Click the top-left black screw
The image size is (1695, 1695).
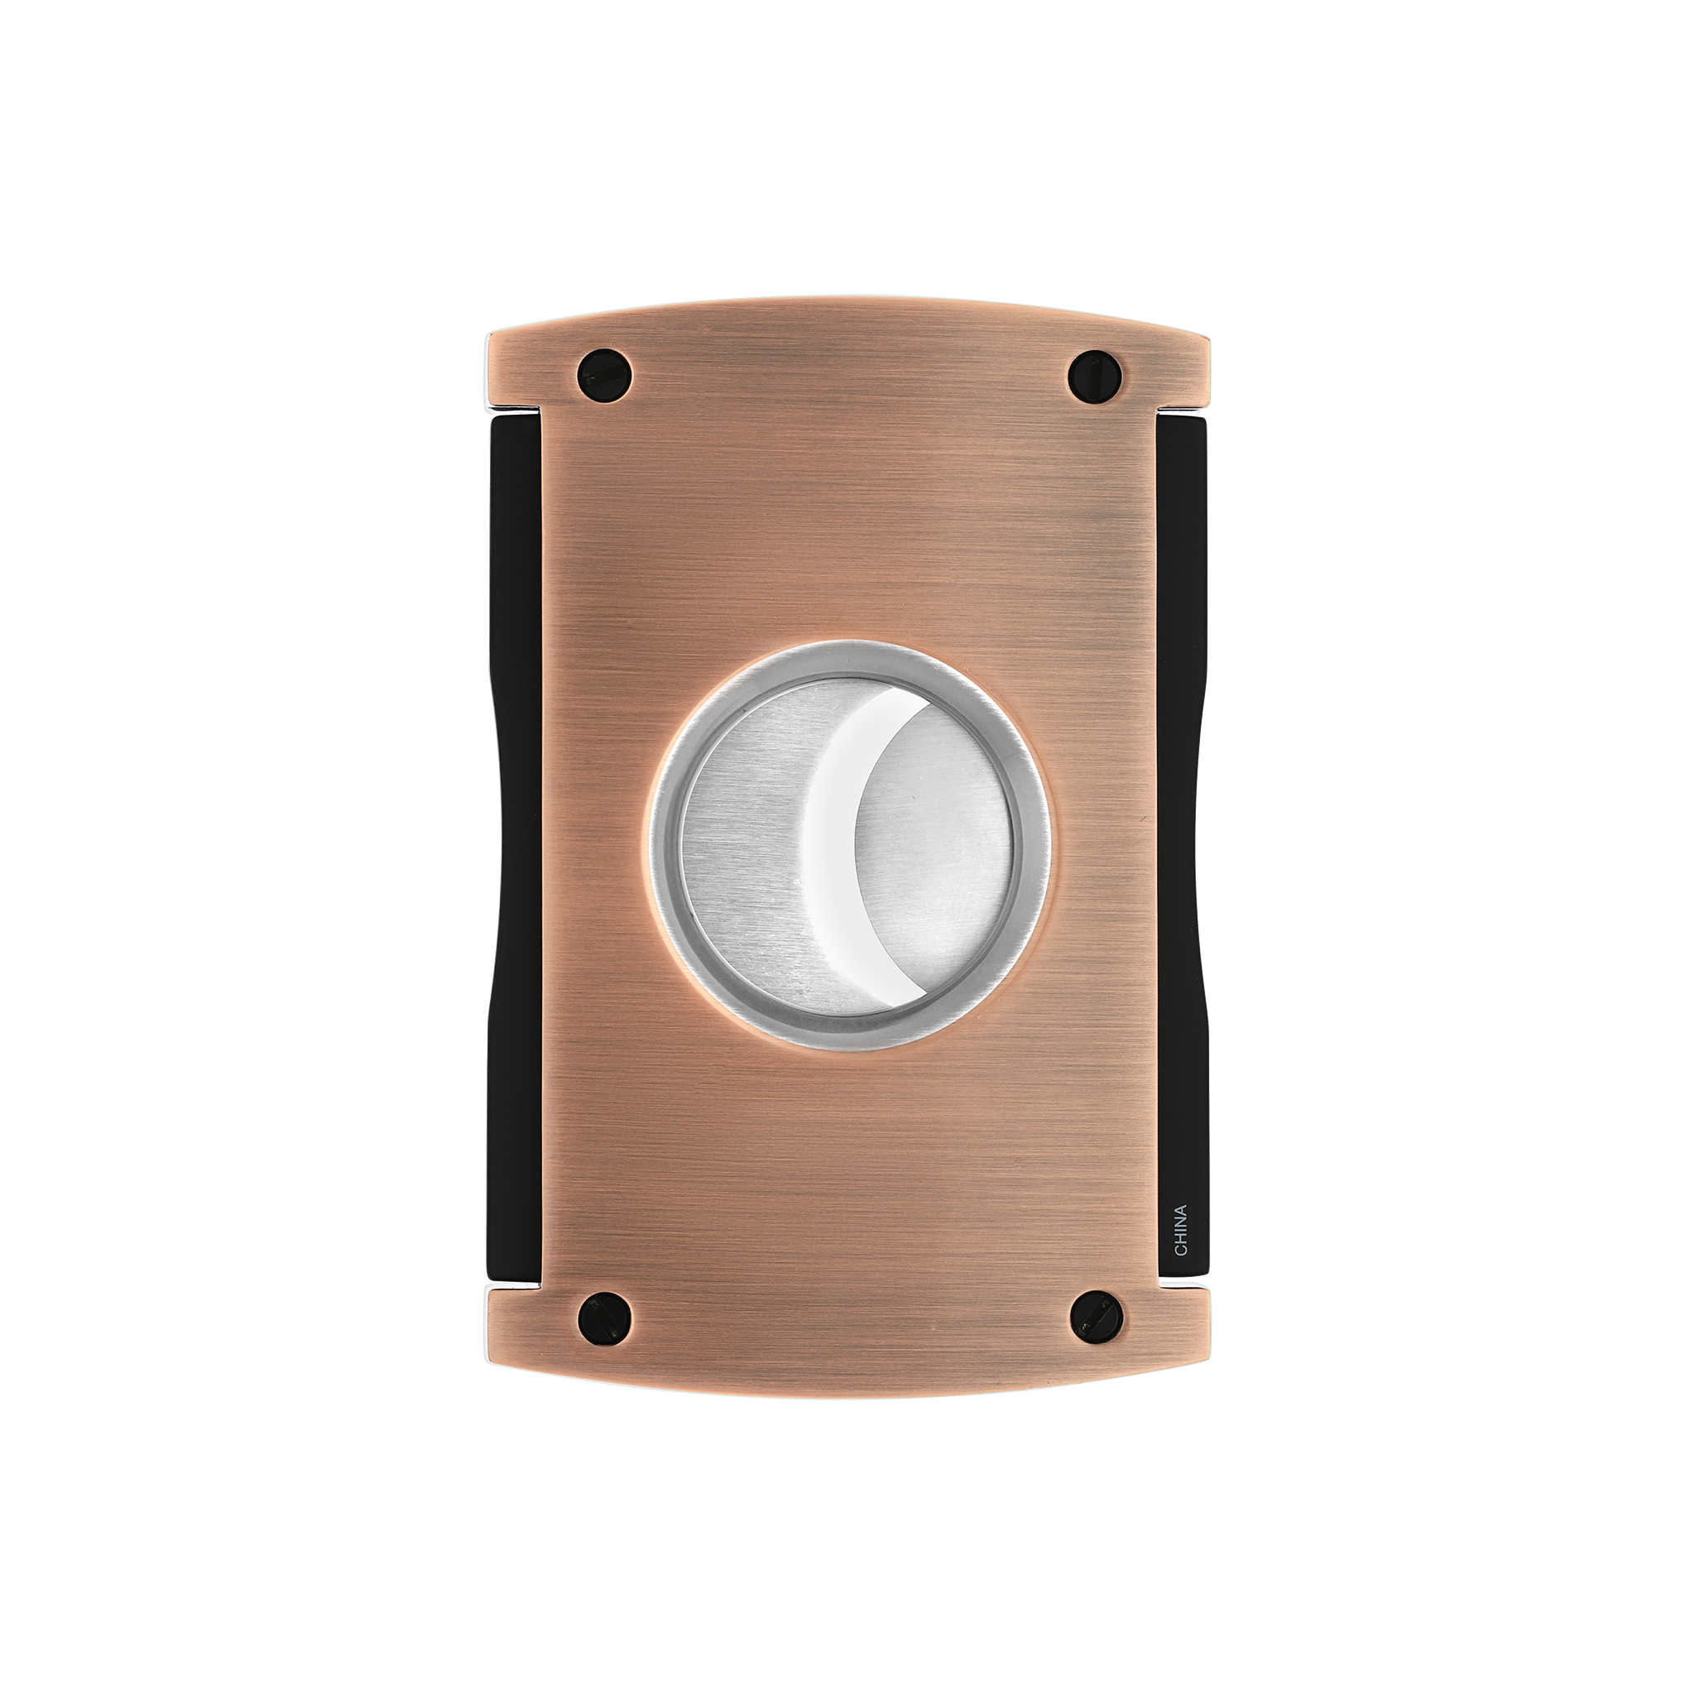pyautogui.click(x=604, y=375)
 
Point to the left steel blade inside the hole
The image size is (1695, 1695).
pyautogui.click(x=746, y=843)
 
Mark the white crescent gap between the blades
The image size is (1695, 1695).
pyautogui.click(x=829, y=843)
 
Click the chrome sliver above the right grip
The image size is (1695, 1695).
pyautogui.click(x=1183, y=410)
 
